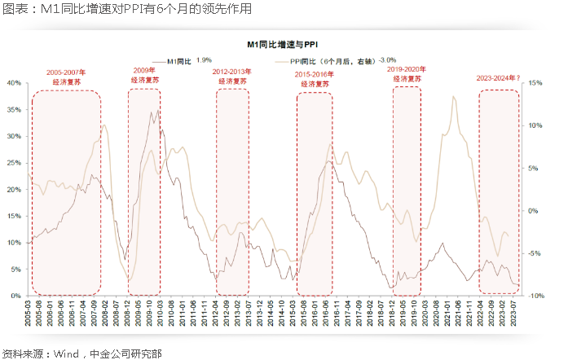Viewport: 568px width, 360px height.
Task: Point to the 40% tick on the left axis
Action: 15,83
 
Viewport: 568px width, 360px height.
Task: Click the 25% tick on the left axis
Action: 15,163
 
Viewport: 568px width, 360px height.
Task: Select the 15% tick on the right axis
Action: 535,83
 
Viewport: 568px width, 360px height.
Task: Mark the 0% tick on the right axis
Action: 533,211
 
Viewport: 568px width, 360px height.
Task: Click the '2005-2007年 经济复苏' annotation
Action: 65,77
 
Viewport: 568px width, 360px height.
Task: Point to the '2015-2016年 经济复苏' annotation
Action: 314,79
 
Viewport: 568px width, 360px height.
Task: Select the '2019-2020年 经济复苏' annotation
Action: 407,75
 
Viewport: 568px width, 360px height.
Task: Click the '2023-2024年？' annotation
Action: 498,79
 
